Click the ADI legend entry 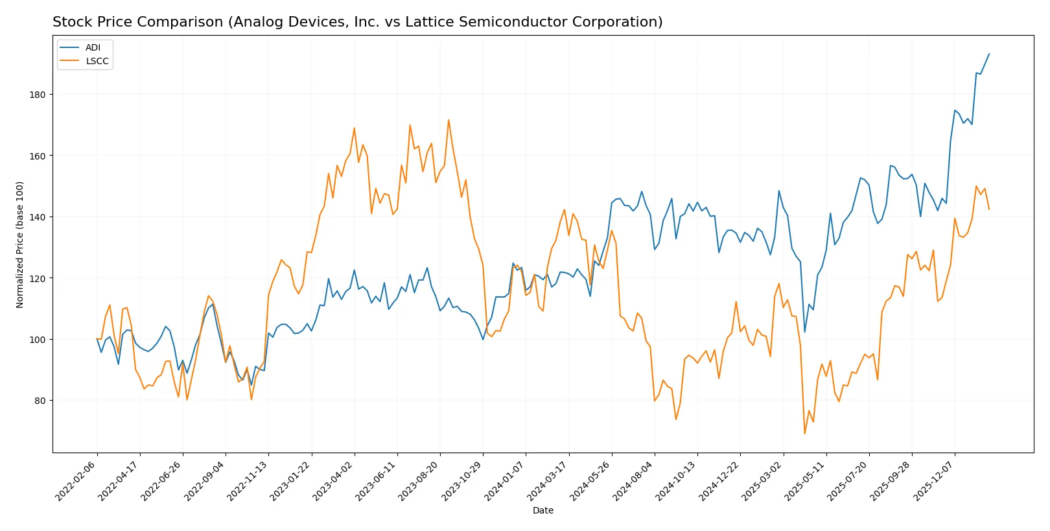93,47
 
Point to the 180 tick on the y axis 38,95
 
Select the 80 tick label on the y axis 40,401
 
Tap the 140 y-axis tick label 38,217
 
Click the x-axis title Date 542,510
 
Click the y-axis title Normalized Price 19,244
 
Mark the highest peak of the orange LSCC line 449,119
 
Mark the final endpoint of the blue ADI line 989,54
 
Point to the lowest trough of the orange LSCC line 804,434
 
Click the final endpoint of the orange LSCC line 989,209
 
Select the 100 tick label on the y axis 38,340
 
